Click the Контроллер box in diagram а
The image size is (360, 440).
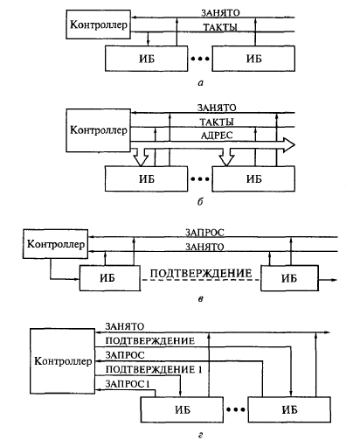pos(98,24)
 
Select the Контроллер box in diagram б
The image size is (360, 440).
pos(98,130)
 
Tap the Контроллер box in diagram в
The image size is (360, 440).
pos(55,244)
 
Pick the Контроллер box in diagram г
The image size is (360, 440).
pos(63,361)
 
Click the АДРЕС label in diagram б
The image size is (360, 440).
pos(217,136)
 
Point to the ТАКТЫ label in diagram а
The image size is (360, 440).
pos(220,27)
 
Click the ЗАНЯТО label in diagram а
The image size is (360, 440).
pos(220,13)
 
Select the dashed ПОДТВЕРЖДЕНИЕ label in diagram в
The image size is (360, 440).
pos(201,274)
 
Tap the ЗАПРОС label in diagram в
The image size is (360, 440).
pos(204,233)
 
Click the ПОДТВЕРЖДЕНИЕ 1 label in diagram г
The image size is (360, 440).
pos(154,370)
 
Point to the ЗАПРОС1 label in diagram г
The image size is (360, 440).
pos(128,384)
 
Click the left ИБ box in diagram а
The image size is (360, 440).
pos(146,59)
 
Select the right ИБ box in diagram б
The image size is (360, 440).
pos(253,178)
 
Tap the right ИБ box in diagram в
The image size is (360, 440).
pos(289,278)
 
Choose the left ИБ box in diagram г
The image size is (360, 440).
pos(182,409)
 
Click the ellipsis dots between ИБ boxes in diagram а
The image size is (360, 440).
pos(200,59)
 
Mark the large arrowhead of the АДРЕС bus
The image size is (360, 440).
pos(288,145)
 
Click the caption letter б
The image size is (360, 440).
pos(200,201)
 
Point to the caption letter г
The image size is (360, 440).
pos(200,436)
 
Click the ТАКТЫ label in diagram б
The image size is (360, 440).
pos(217,122)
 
